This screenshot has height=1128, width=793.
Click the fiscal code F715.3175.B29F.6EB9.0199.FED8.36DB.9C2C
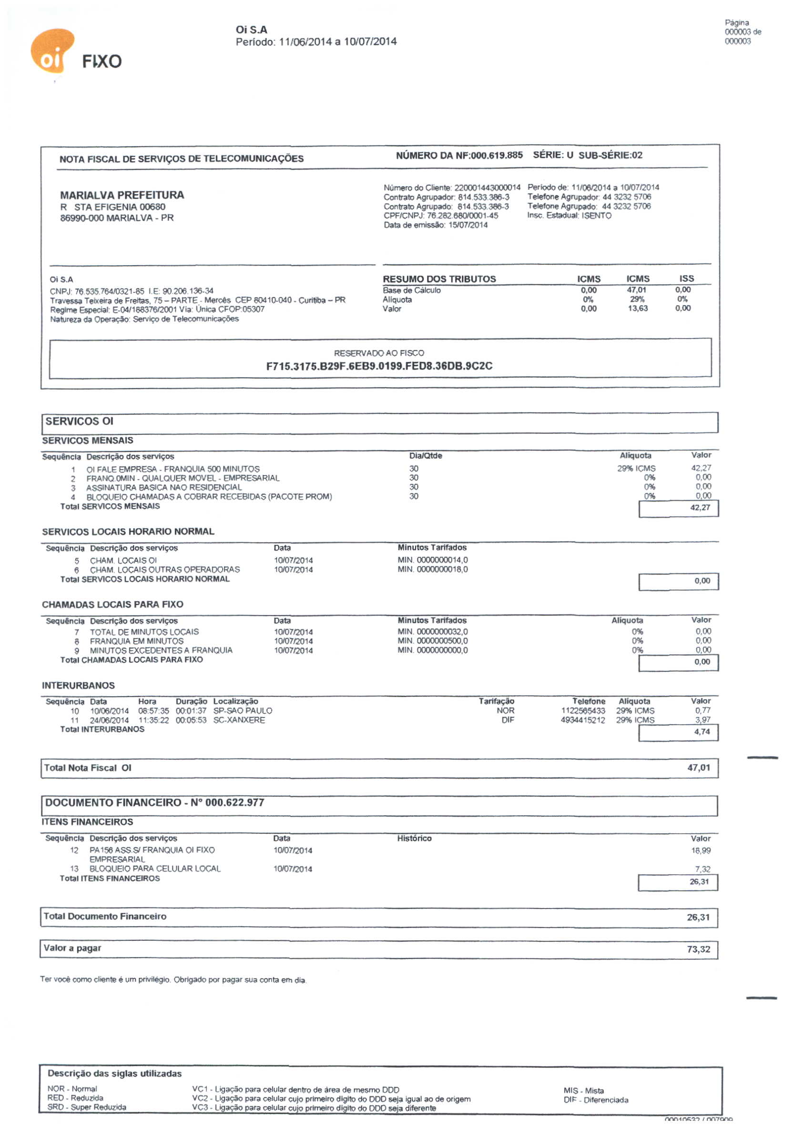(x=379, y=366)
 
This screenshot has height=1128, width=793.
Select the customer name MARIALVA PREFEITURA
(x=122, y=195)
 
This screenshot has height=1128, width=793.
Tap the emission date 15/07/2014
(x=468, y=225)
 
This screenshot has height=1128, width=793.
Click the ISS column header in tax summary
(x=686, y=279)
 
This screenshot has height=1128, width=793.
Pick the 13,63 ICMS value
(x=637, y=309)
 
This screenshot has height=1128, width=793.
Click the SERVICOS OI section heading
(x=79, y=421)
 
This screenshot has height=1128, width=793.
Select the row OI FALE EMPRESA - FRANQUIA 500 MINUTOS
(x=173, y=469)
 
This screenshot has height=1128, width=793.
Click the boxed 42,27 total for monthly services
(x=700, y=508)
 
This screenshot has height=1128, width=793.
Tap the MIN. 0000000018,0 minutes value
(x=433, y=569)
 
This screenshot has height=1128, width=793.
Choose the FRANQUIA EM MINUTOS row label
(x=136, y=641)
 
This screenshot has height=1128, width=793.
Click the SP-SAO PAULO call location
(x=243, y=711)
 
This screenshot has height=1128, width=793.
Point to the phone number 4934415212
(x=582, y=720)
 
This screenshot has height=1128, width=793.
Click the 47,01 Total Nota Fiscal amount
(x=699, y=768)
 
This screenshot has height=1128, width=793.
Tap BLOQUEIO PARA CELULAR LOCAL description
(x=155, y=868)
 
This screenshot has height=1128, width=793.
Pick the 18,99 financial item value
(x=700, y=850)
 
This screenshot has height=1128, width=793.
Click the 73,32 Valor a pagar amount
(x=698, y=949)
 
